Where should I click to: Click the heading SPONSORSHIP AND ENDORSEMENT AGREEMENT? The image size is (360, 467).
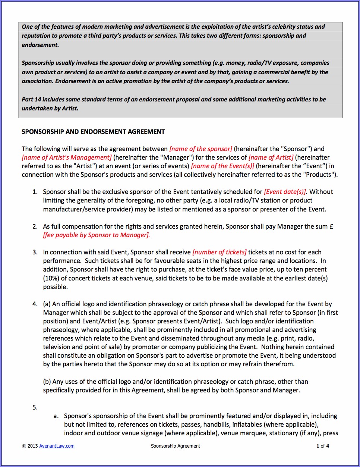tap(93, 132)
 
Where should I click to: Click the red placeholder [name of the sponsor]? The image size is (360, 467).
tap(200, 149)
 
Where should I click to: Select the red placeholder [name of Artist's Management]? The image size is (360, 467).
tap(67, 157)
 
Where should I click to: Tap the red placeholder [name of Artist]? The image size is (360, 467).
tap(271, 157)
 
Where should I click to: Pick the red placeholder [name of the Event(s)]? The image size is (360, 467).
tap(222, 166)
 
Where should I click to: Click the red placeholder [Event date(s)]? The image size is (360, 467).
tap(285, 192)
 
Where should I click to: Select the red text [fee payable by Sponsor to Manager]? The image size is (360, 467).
tap(97, 235)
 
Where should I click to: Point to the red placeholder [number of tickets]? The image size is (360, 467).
tap(220, 252)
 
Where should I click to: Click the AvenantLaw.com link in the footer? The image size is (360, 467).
tap(57, 446)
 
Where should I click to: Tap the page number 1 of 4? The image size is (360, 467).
tap(323, 446)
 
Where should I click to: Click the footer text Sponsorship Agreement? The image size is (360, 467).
tap(176, 446)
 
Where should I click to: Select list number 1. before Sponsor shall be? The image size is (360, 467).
tap(35, 192)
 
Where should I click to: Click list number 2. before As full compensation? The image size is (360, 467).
tap(35, 226)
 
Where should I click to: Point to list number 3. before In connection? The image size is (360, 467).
tap(35, 252)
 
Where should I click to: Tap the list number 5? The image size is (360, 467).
tap(35, 407)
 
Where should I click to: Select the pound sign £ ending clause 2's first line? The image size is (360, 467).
tap(331, 226)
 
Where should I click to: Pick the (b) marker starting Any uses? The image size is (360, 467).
tap(47, 382)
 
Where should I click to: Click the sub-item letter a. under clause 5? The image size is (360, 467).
tap(56, 416)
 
